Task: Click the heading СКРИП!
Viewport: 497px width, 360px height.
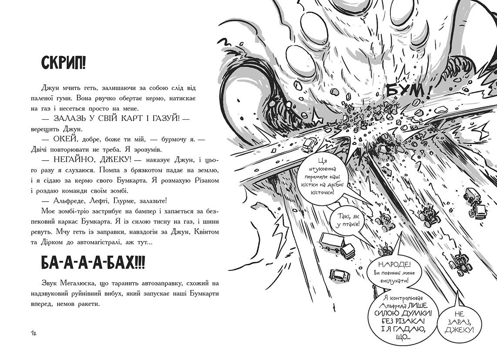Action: pyautogui.click(x=64, y=64)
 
